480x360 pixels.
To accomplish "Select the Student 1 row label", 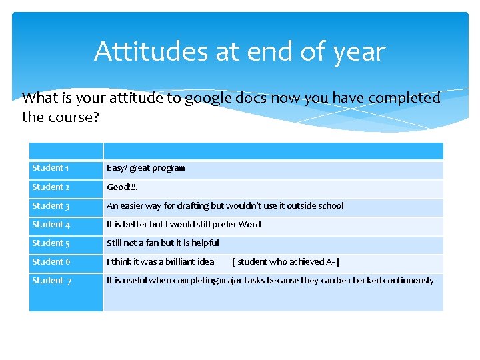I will point(51,168).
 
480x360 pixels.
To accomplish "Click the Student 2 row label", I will point(51,187).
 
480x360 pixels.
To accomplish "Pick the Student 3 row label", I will point(51,206).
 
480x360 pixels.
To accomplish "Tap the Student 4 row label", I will point(51,225).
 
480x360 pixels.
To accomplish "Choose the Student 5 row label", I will point(51,243).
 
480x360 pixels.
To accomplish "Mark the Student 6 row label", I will point(51,262).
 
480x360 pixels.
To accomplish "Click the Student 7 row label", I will point(51,281).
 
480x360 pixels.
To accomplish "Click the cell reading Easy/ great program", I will point(146,168).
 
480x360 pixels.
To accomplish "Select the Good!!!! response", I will point(122,187).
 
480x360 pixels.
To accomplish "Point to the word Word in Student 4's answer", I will point(249,225).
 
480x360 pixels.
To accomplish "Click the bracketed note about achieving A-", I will point(285,262).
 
